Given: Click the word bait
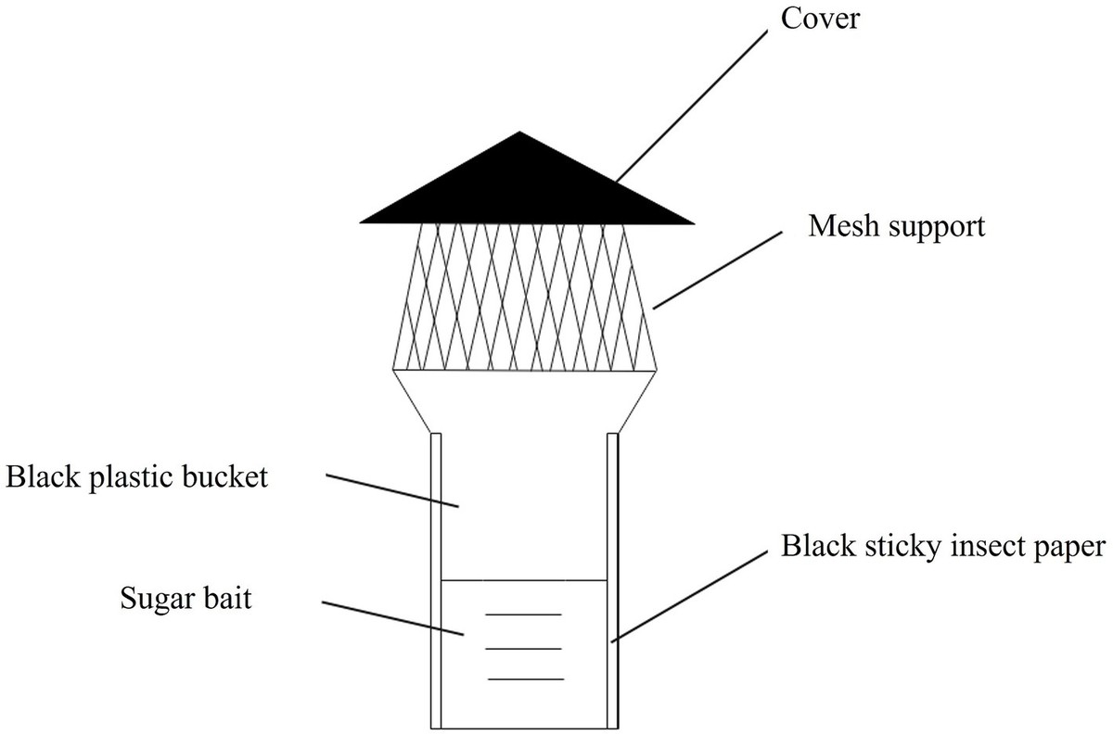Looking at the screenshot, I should [x=227, y=598].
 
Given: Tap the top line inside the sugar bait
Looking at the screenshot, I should [x=524, y=614].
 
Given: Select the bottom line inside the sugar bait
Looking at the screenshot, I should [x=526, y=679].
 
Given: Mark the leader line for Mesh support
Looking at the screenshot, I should [x=714, y=270].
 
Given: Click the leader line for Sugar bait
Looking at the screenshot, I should [x=393, y=620].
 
